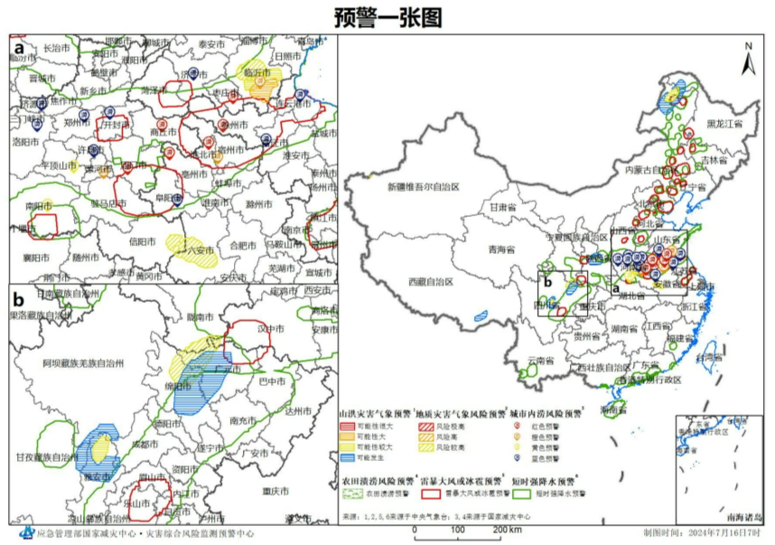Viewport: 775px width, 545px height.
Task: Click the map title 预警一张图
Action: point(387,16)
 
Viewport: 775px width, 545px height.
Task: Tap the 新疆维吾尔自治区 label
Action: point(424,187)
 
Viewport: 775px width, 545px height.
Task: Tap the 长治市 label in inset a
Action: point(56,47)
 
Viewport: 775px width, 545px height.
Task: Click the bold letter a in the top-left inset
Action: point(17,44)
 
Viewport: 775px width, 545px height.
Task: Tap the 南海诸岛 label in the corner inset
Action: point(742,517)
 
